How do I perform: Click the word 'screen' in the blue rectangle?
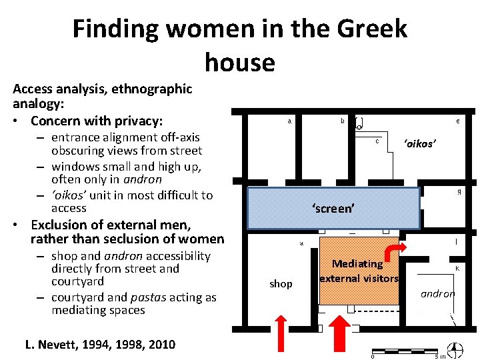333,209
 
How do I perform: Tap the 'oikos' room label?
419,144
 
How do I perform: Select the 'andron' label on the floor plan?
438,293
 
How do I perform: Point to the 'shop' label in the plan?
281,284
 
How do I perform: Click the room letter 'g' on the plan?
459,192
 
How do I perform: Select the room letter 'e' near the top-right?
457,121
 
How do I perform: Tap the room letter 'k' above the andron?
457,268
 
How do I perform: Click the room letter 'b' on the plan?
343,121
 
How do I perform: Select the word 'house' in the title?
239,63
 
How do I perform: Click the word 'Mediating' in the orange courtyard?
357,264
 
